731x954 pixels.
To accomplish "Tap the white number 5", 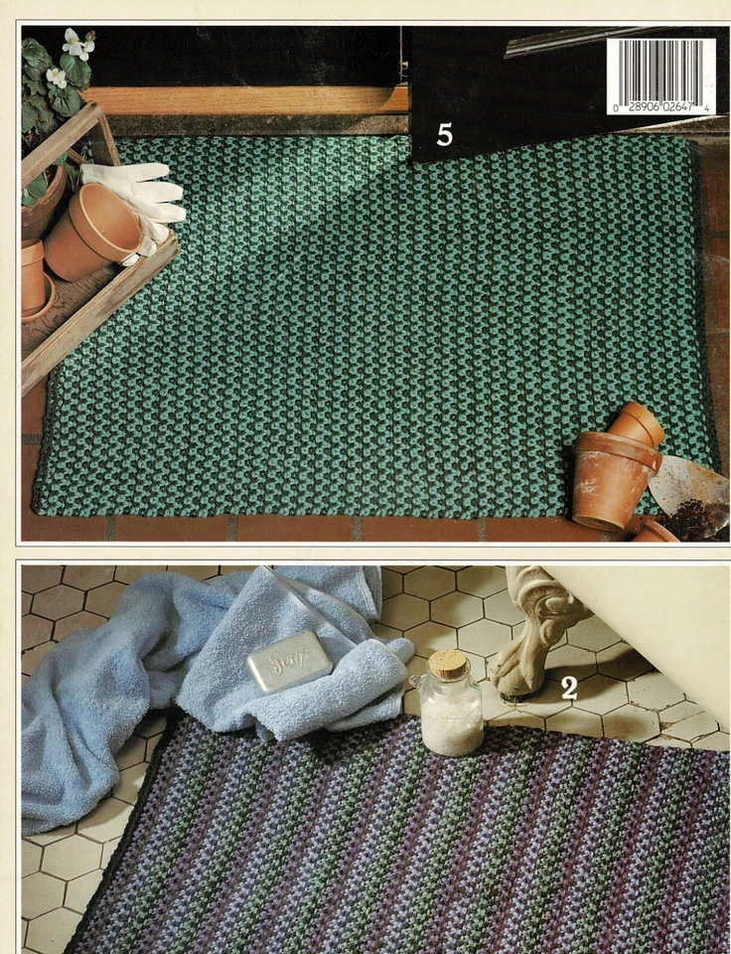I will (444, 134).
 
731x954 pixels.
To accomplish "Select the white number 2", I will (569, 688).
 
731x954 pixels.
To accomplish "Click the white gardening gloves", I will (137, 199).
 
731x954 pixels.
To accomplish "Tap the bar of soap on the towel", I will (289, 660).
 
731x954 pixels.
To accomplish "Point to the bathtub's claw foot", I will (531, 646).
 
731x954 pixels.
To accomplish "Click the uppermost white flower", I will (77, 43).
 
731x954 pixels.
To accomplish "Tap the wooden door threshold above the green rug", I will (248, 99).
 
